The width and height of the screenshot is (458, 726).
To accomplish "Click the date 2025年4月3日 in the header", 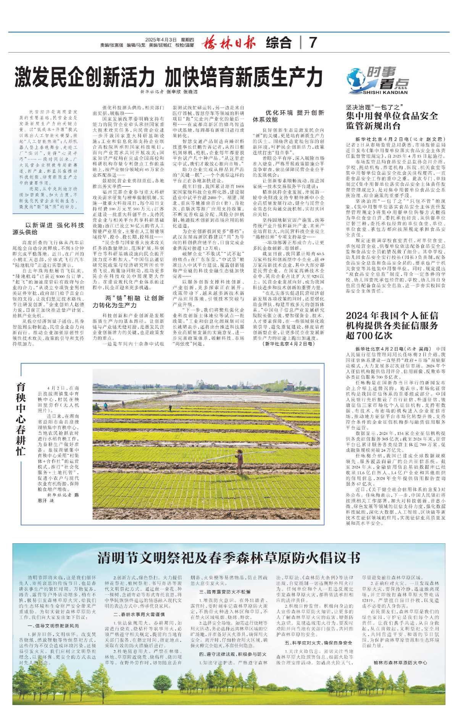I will click(x=161, y=40).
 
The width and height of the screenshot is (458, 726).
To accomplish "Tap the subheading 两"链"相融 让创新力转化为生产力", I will click(x=128, y=301).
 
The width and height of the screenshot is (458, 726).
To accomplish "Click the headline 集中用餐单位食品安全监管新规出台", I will click(x=392, y=121).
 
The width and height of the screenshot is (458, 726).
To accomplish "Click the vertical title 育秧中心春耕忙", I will click(x=21, y=419).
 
